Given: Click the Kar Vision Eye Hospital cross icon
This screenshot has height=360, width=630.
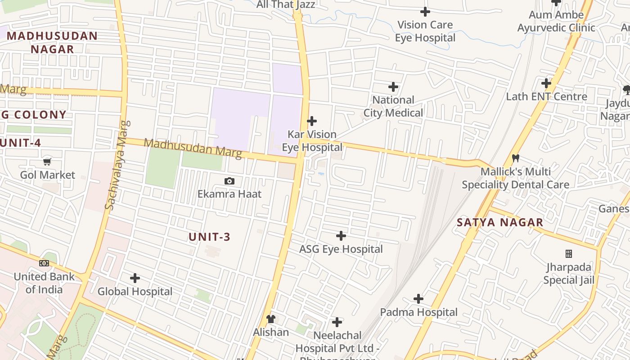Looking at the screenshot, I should [x=312, y=121].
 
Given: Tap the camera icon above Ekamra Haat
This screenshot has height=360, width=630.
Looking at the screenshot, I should [x=229, y=181].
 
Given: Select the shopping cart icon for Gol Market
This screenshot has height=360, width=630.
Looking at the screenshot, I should [x=47, y=162].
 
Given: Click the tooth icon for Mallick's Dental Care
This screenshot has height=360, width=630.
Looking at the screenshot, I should [x=516, y=158].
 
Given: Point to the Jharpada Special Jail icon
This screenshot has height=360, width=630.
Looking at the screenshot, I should [x=569, y=254].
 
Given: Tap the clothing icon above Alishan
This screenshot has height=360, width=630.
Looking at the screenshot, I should [x=270, y=319].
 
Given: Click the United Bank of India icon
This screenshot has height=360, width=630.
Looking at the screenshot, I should [x=44, y=263].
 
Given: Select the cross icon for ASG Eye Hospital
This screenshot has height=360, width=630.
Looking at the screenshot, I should [x=341, y=236].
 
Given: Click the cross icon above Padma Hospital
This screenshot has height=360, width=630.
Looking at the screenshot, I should [x=418, y=299].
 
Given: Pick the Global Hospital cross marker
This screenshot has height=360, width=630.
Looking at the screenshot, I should [x=135, y=278].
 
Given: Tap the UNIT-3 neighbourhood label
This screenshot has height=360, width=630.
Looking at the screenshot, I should [x=209, y=237].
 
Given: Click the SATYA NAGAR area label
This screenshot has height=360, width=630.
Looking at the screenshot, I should [x=500, y=222].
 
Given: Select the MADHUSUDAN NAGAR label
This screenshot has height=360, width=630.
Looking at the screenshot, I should [x=52, y=42].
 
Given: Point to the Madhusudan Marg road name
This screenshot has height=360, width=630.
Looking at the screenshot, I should [x=193, y=148].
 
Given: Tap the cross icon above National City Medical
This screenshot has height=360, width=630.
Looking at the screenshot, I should [x=393, y=86].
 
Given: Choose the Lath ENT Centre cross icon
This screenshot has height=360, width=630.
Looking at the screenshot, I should [x=546, y=83].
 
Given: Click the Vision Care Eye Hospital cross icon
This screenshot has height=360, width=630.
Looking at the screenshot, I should [x=425, y=12].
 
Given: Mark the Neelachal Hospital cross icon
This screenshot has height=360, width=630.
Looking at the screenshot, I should [x=337, y=322].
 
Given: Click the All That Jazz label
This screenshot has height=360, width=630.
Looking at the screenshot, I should [x=286, y=5].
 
